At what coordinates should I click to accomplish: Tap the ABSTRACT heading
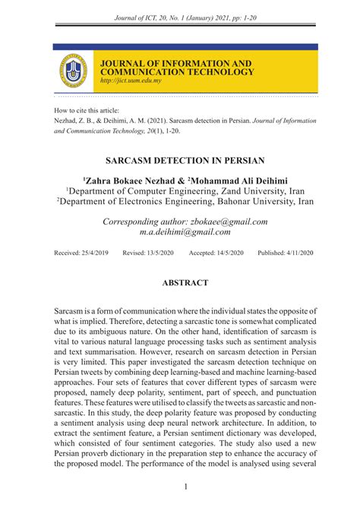[185, 283]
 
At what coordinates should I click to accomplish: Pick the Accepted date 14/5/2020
[229, 253]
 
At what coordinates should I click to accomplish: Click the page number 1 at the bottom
[185, 487]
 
